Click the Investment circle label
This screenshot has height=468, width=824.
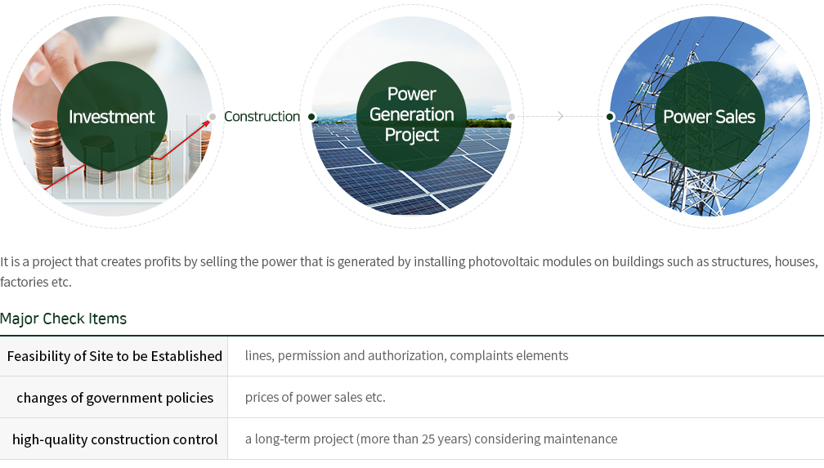[x=111, y=117]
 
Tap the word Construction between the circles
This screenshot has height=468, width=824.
[x=262, y=117]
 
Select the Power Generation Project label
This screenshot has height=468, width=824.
[x=411, y=114]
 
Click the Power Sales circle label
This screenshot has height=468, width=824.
[x=709, y=117]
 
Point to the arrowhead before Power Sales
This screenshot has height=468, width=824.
[x=560, y=116]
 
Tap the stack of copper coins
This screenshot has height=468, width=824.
[x=47, y=152]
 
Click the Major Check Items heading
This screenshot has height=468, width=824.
[x=63, y=319]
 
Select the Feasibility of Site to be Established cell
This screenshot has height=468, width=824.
[x=114, y=356]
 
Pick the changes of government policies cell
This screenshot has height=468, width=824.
[x=114, y=398]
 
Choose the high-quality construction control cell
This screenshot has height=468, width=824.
[x=114, y=439]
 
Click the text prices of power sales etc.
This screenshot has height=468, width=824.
[x=316, y=397]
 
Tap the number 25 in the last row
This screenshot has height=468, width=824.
[x=428, y=439]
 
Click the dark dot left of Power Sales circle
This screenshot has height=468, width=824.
[x=610, y=117]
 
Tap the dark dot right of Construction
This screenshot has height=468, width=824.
[x=311, y=117]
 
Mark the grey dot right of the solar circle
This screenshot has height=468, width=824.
[x=512, y=117]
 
